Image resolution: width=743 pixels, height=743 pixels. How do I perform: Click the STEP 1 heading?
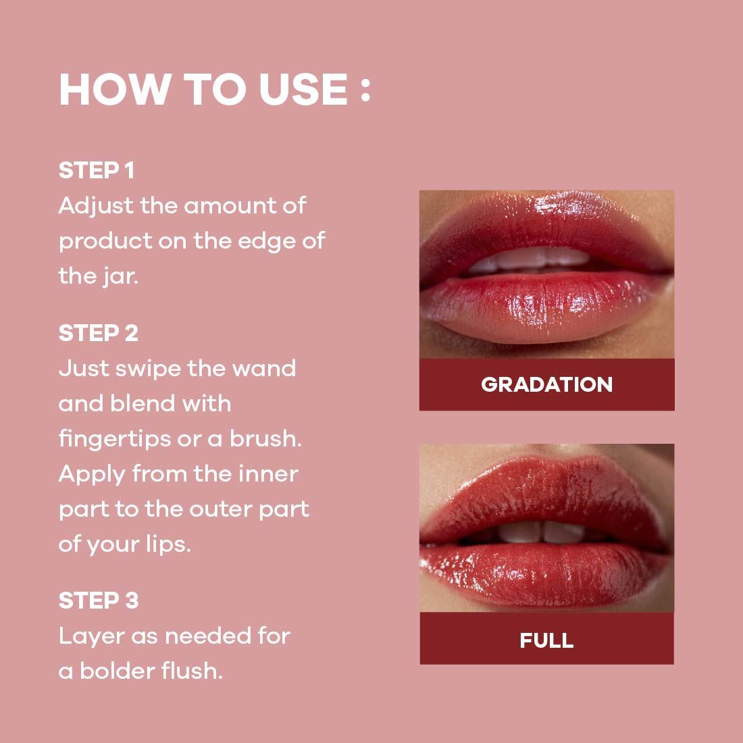pyautogui.click(x=97, y=171)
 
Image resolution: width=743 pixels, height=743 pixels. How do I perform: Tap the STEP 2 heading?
pyautogui.click(x=99, y=333)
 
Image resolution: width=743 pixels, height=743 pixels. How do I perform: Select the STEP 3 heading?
pyautogui.click(x=99, y=600)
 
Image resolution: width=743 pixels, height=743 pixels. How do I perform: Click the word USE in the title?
pyautogui.click(x=304, y=89)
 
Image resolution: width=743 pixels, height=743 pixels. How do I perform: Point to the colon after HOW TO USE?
pyautogui.click(x=365, y=90)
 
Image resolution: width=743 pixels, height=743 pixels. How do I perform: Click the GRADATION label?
pyautogui.click(x=547, y=384)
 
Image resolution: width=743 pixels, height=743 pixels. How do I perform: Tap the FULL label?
pyautogui.click(x=547, y=640)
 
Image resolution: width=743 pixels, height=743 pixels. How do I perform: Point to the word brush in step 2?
pyautogui.click(x=265, y=438)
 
